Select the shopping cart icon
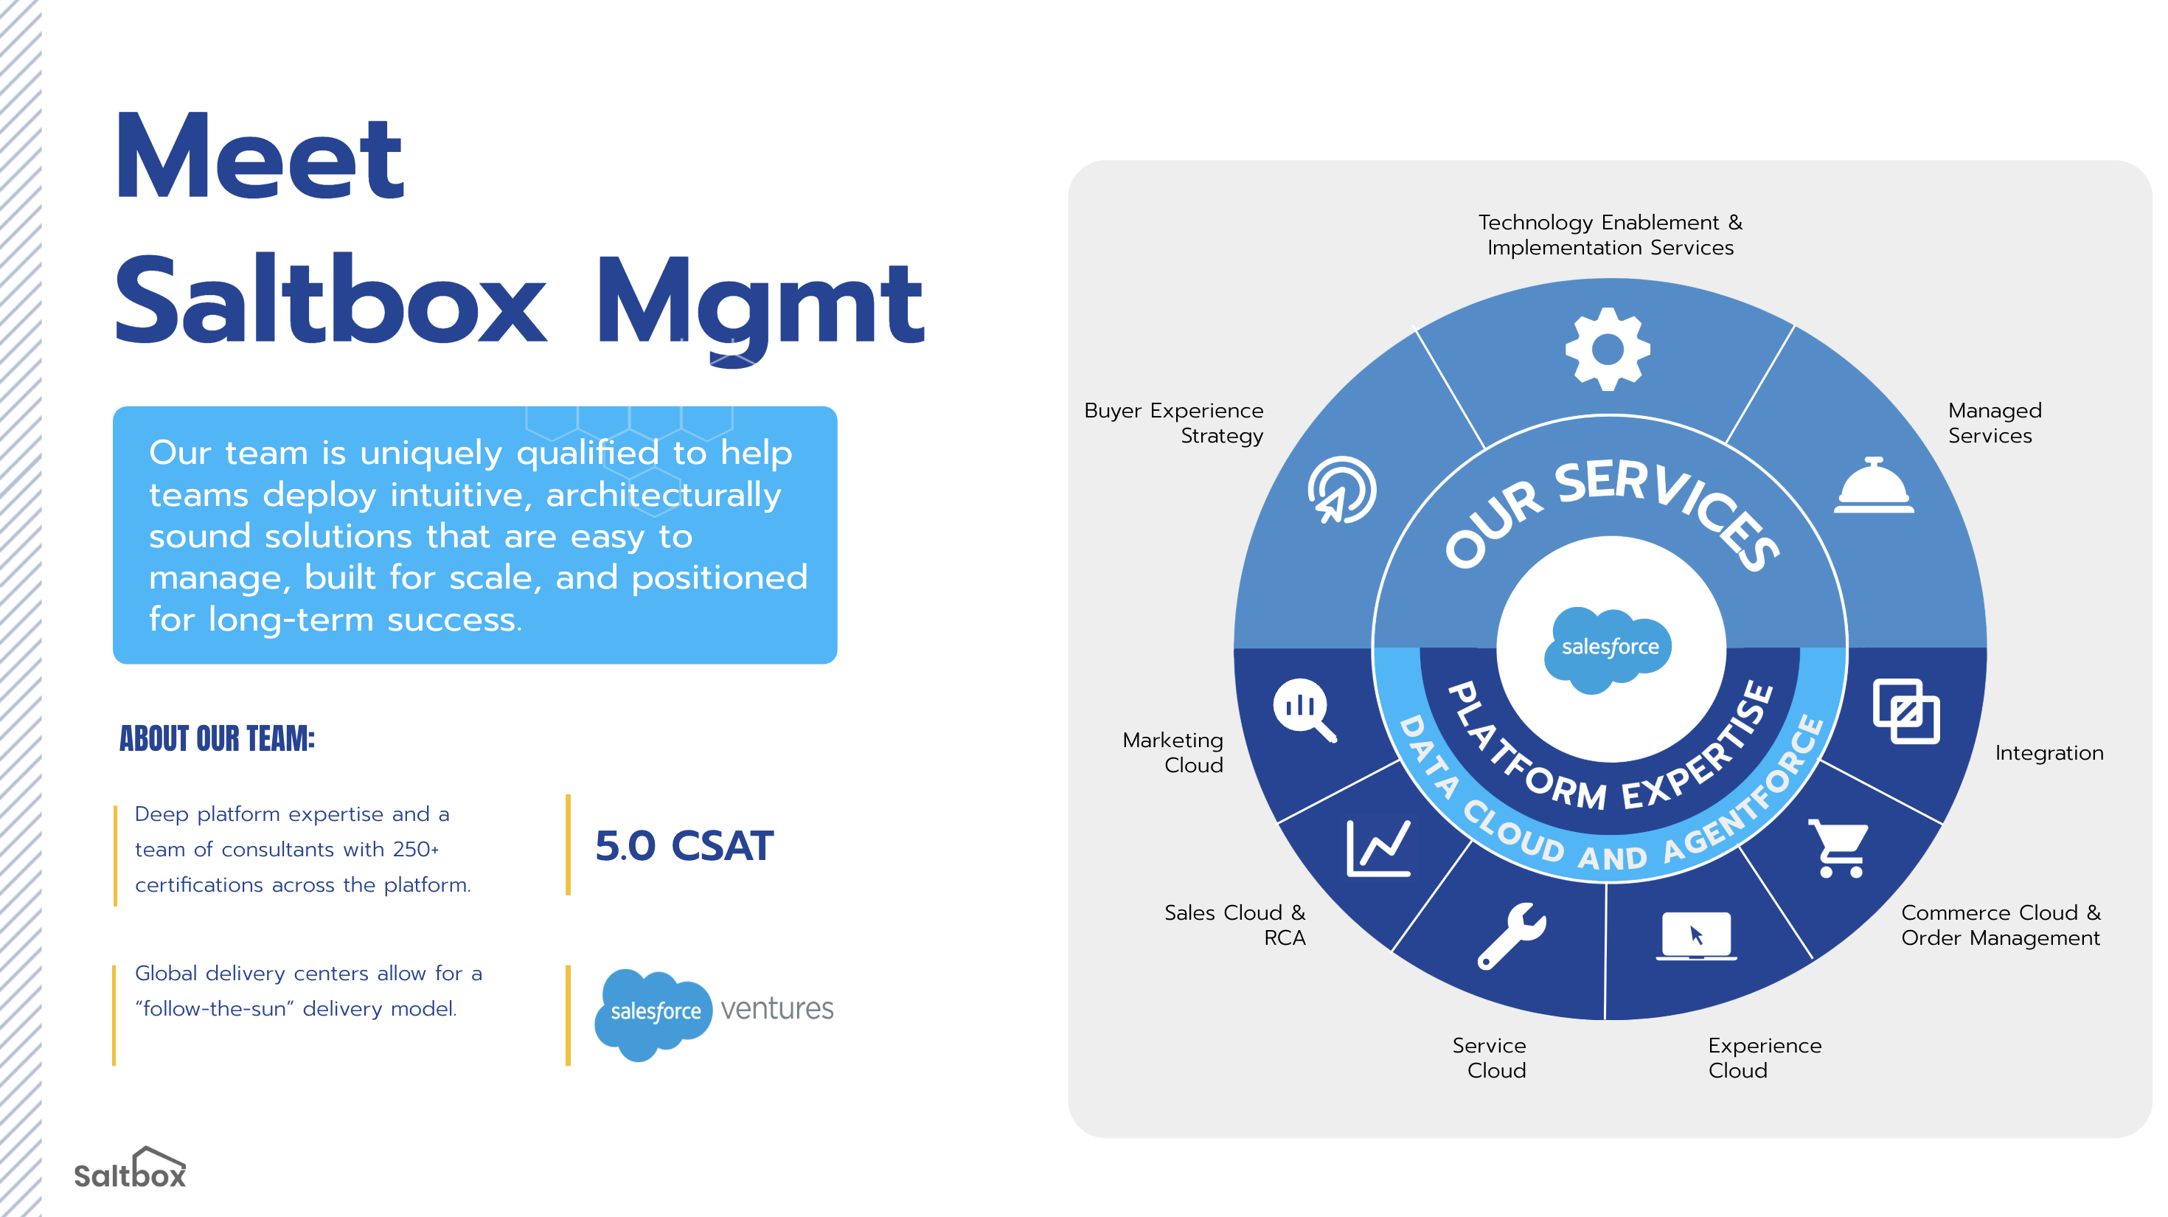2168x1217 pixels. pos(1839,848)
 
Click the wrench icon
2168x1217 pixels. pos(1512,936)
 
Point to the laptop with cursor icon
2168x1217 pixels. pos(1697,936)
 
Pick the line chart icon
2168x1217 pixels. pos(1378,848)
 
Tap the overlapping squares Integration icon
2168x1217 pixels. pos(1906,711)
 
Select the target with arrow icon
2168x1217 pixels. pos(1341,490)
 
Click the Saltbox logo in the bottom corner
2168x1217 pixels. pos(131,1168)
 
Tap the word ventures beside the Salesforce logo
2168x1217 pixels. pos(776,1008)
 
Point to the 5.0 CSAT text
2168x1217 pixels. pos(684,845)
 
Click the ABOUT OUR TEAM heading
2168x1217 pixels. pos(217,738)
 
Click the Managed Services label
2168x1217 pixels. pos(1995,423)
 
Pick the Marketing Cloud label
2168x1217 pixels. pos(1172,752)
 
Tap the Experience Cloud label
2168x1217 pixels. pos(1765,1058)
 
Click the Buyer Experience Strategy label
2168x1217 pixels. pos(1174,423)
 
